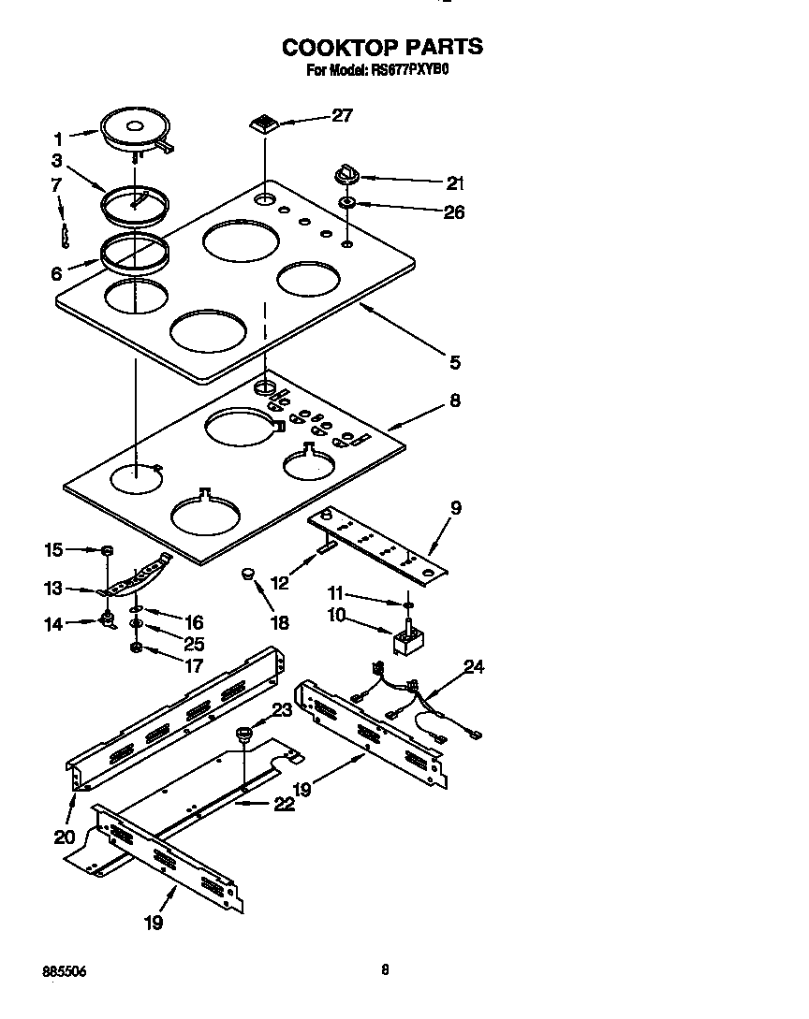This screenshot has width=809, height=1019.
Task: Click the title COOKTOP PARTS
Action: click(x=383, y=46)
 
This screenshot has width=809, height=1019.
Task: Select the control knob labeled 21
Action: click(x=346, y=175)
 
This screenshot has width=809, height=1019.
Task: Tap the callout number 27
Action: click(x=342, y=115)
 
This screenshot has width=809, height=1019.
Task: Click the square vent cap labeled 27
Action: click(x=265, y=124)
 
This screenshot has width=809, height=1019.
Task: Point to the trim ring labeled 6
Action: click(x=136, y=252)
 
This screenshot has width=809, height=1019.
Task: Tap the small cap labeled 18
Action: click(x=250, y=574)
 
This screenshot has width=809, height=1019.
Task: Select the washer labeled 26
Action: click(x=347, y=203)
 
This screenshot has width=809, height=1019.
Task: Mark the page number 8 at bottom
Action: click(x=385, y=970)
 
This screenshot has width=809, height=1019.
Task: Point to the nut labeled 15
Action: click(x=108, y=549)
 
